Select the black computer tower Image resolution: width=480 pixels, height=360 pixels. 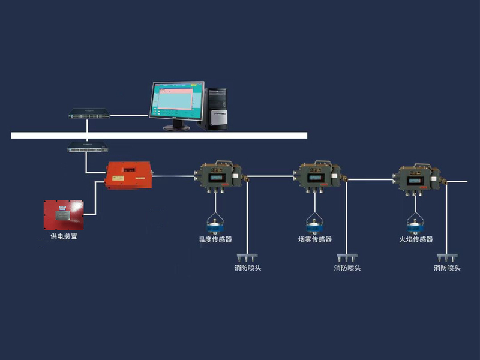click(x=217, y=108)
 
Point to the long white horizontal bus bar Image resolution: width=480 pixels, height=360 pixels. click(x=159, y=136)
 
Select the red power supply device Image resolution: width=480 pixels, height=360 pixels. click(x=64, y=215)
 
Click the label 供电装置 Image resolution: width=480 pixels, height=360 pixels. click(x=64, y=236)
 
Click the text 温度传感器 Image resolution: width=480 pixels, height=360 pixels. click(x=215, y=239)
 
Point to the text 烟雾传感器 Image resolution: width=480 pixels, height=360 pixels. click(x=315, y=239)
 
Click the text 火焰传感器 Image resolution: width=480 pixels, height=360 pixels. click(x=416, y=239)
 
